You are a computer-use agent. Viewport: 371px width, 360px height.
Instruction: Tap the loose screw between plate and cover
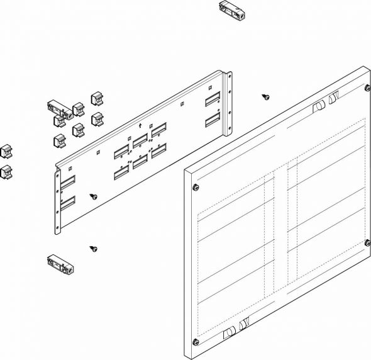[x=266, y=97]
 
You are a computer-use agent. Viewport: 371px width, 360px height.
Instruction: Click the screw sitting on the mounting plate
[x=94, y=196]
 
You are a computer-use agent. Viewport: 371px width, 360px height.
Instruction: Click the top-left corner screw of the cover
[x=196, y=187]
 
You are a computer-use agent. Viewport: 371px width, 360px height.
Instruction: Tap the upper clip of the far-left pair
[x=6, y=151]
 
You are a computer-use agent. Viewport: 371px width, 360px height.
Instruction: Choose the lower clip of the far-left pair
[x=6, y=171]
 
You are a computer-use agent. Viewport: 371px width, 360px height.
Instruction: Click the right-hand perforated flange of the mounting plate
[x=229, y=103]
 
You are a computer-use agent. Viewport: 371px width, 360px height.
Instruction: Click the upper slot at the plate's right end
[x=211, y=100]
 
